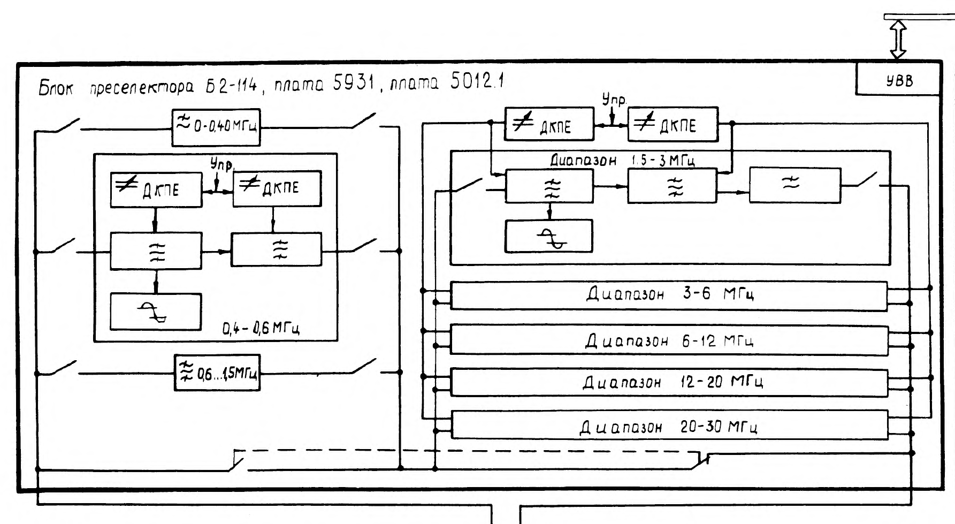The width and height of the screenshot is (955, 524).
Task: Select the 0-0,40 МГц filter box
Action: (x=216, y=127)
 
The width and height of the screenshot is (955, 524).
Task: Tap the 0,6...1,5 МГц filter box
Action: (x=217, y=373)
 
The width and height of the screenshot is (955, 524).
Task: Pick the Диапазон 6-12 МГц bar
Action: (x=669, y=340)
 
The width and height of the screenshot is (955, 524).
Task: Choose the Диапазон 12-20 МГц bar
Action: (x=669, y=382)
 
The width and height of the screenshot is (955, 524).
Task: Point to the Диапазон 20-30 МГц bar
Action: (x=669, y=427)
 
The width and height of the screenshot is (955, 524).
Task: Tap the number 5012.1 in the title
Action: (x=476, y=81)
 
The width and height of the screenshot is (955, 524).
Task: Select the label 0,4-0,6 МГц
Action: (x=261, y=328)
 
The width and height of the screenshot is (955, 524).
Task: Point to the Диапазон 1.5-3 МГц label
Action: (x=622, y=160)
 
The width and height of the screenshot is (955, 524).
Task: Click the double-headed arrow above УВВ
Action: (x=898, y=39)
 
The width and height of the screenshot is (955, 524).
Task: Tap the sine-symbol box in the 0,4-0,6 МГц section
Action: (x=156, y=312)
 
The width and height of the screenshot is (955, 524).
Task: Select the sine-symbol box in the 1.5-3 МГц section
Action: (x=549, y=236)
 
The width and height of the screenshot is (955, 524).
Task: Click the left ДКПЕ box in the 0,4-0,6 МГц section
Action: (x=156, y=189)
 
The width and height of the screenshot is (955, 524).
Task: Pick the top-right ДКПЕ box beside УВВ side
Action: (x=673, y=125)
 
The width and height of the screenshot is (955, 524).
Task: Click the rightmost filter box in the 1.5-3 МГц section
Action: (x=794, y=185)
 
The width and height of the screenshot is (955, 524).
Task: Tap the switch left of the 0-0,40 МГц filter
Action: (x=65, y=126)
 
